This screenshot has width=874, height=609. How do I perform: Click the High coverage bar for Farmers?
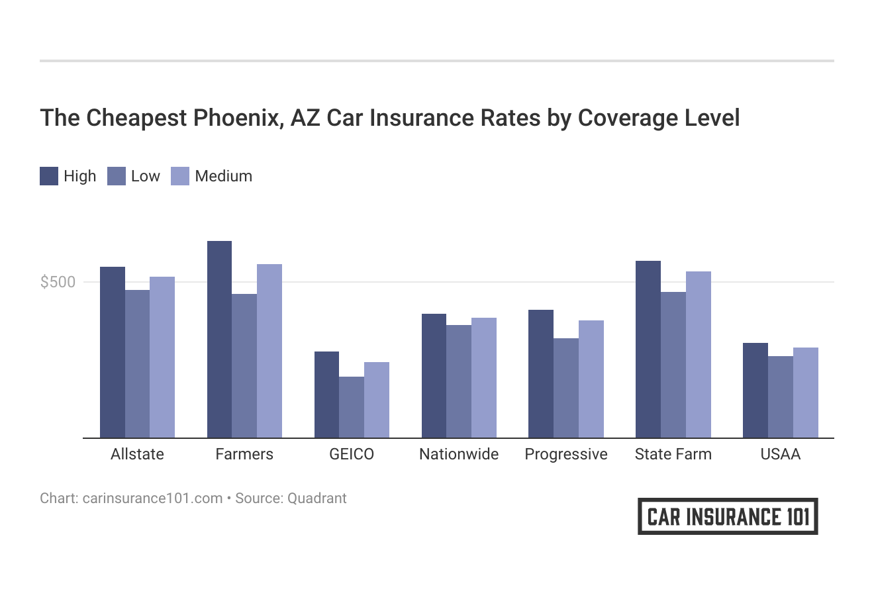tap(219, 339)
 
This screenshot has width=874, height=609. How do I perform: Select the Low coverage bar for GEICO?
tap(352, 407)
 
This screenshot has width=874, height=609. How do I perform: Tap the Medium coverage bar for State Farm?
tap(698, 354)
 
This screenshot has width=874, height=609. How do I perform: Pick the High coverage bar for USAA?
tap(755, 390)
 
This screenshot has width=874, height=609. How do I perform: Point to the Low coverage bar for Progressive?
tap(566, 388)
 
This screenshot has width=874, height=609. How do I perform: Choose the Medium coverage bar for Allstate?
tap(162, 357)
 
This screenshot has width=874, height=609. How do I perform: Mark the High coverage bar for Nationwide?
tap(434, 375)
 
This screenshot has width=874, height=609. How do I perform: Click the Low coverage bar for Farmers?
tap(244, 365)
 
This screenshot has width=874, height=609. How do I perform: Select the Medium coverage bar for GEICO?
tap(377, 400)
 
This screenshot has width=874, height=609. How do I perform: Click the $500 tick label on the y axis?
tap(58, 282)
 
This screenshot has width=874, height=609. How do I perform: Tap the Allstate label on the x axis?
tap(137, 454)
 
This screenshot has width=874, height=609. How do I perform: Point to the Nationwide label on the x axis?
tap(459, 454)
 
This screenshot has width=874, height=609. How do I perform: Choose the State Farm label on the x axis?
tap(673, 454)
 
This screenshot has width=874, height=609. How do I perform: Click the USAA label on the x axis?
tap(781, 454)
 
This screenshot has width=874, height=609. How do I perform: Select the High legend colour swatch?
tap(49, 176)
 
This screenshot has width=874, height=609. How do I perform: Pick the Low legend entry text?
tap(145, 176)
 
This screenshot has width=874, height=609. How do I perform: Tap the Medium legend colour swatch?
tap(180, 176)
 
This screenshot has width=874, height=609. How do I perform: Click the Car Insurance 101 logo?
tap(728, 516)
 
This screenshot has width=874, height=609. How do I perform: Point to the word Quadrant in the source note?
tap(316, 498)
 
